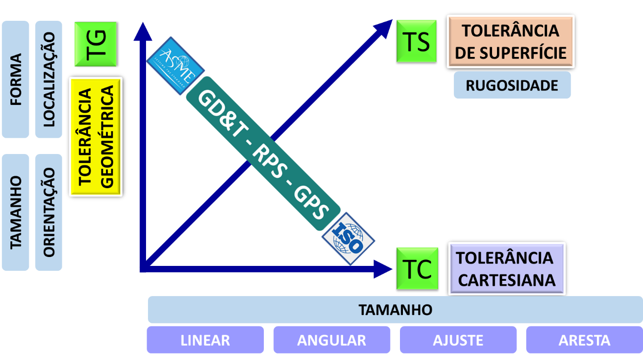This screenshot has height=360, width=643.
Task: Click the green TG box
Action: [x=95, y=44]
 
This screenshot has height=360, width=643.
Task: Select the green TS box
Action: [x=416, y=41]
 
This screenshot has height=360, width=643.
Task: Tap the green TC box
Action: [x=416, y=268]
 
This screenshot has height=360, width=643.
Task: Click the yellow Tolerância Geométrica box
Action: [x=96, y=137]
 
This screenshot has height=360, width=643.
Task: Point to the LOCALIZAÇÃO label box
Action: [x=49, y=79]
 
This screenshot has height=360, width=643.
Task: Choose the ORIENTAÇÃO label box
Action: [x=49, y=212]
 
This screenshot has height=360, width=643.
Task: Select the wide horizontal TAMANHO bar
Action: [x=395, y=310]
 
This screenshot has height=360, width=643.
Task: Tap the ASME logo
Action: [x=175, y=71]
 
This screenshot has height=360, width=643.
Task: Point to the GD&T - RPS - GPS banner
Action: [x=263, y=154]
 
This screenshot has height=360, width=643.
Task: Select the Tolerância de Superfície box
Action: [x=510, y=42]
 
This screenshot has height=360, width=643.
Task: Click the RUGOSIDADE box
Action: [x=512, y=85]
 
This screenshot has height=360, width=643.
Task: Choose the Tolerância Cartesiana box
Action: [x=506, y=269]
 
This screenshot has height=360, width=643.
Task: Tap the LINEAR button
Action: [x=205, y=340]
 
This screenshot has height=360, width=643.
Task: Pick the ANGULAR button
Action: [x=331, y=340]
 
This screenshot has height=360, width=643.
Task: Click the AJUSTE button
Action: [x=458, y=340]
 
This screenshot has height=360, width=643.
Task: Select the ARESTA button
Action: [x=584, y=340]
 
